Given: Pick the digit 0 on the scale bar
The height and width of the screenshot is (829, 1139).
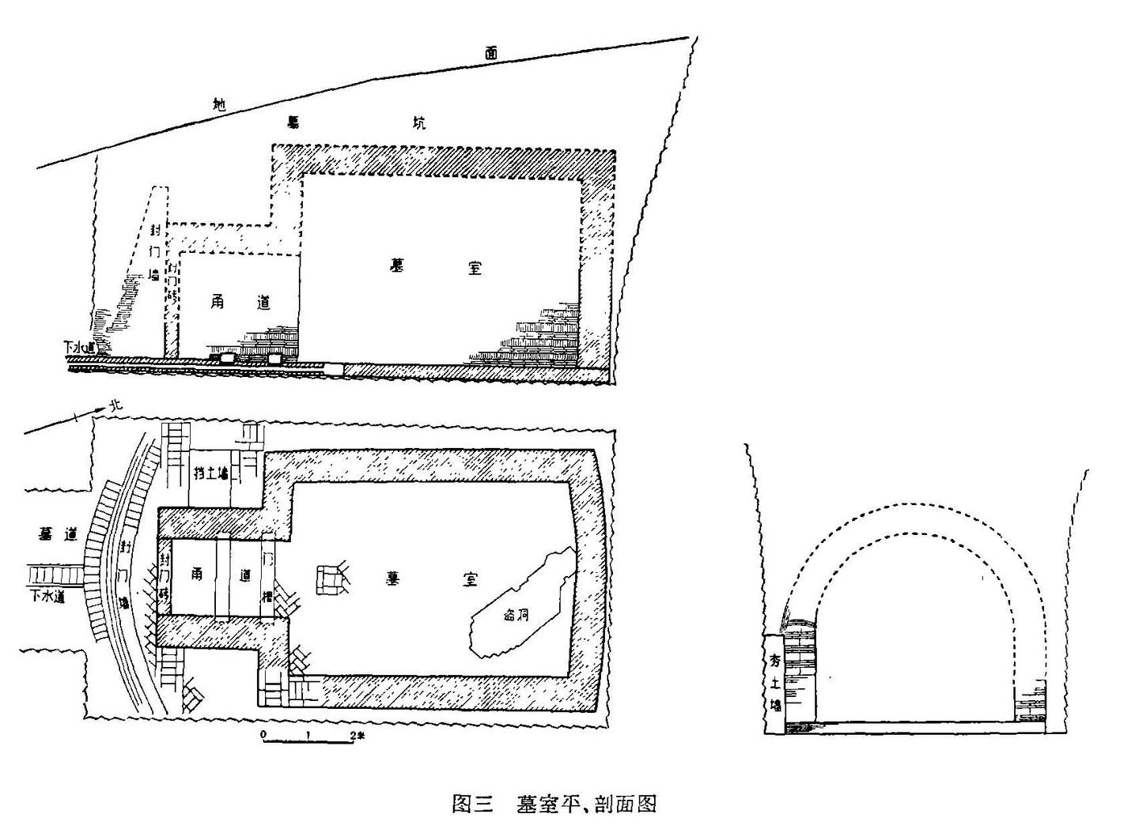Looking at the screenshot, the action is (x=263, y=736).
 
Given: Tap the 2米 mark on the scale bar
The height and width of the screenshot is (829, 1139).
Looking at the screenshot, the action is (x=358, y=736).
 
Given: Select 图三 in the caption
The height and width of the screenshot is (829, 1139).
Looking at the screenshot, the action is (x=472, y=805).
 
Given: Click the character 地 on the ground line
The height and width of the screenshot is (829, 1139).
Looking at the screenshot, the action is (x=221, y=103).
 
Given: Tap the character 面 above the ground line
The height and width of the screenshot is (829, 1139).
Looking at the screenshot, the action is (x=492, y=54).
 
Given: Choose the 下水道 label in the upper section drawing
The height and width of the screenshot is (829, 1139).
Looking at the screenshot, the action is (x=79, y=346).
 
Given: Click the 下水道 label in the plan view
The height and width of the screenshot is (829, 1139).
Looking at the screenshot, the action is (x=47, y=595).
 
